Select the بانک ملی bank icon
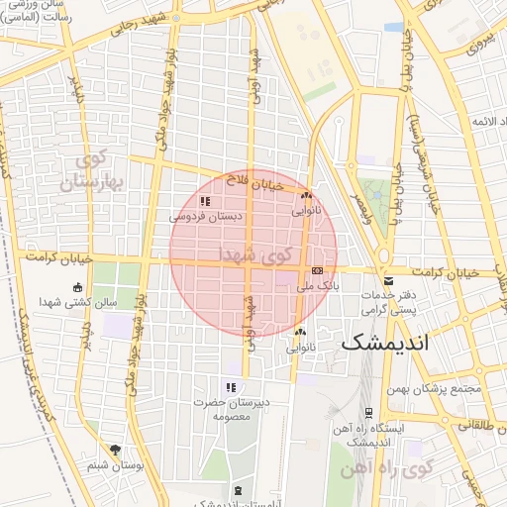[317, 270]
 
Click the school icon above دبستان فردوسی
[205, 200]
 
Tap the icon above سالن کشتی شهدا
[78, 288]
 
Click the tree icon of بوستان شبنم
[116, 450]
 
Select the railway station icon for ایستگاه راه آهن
[368, 412]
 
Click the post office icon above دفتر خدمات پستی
[387, 282]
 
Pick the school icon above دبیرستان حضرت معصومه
[230, 388]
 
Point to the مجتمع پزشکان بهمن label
[437, 388]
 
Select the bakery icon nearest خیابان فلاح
[306, 196]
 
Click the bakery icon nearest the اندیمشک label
[300, 333]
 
